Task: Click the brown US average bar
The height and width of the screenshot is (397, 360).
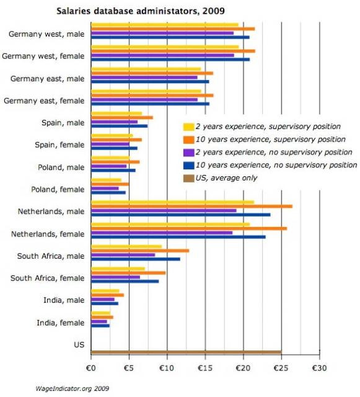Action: pyautogui.click(x=187, y=352)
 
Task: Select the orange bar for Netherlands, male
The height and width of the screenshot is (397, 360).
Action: pyautogui.click(x=191, y=207)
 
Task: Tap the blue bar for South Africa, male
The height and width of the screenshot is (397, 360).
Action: pyautogui.click(x=136, y=259)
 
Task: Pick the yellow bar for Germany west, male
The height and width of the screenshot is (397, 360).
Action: pyautogui.click(x=165, y=25)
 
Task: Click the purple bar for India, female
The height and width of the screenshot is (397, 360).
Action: pyautogui.click(x=99, y=321)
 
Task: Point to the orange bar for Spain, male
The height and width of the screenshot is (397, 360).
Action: pyautogui.click(x=122, y=117)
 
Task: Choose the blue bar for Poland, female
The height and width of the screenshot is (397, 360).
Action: pyautogui.click(x=108, y=192)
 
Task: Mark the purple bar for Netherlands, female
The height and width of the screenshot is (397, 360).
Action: pyautogui.click(x=162, y=233)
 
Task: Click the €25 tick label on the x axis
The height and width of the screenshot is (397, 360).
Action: pyautogui.click(x=281, y=368)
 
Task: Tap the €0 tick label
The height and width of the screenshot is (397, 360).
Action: pyautogui.click(x=91, y=368)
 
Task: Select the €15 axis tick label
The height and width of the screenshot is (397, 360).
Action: pyautogui.click(x=205, y=368)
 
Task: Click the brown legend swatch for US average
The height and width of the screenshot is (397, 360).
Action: pyautogui.click(x=188, y=178)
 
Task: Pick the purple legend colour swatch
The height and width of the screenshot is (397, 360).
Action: pyautogui.click(x=188, y=153)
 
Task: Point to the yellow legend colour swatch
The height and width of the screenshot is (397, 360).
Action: pyautogui.click(x=188, y=127)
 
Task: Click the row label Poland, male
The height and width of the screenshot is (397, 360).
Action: pyautogui.click(x=61, y=167)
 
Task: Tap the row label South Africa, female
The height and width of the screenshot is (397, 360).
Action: pyautogui.click(x=47, y=278)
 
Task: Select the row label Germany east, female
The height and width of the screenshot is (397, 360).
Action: pyautogui.click(x=44, y=100)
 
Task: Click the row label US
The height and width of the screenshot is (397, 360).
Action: pyautogui.click(x=79, y=345)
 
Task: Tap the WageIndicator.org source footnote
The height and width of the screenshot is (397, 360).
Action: pyautogui.click(x=72, y=388)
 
